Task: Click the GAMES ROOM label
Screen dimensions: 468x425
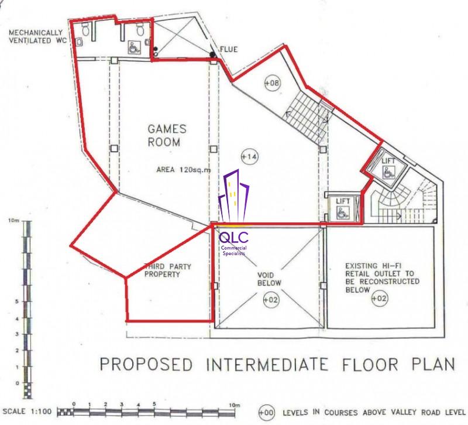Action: [x=167, y=135]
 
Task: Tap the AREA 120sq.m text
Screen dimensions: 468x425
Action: [x=184, y=170]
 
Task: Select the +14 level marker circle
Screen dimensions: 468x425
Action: [x=249, y=156]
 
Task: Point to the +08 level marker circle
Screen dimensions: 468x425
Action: [x=273, y=82]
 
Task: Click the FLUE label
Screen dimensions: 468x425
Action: [x=229, y=49]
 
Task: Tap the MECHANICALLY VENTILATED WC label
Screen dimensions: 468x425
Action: [x=36, y=36]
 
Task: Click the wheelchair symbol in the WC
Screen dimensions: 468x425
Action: [x=134, y=48]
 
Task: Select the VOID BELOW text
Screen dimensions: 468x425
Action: [x=269, y=279]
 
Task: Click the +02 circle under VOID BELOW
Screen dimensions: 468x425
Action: [x=271, y=299]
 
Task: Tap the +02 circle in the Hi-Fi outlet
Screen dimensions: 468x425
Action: [x=379, y=298]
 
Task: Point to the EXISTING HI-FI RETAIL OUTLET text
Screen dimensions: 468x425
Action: [x=383, y=277]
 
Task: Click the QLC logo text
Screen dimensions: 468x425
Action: [x=233, y=238]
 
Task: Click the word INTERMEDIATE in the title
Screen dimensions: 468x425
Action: [x=267, y=364]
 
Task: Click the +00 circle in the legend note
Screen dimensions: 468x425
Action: [x=266, y=413]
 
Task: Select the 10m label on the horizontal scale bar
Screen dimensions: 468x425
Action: [x=235, y=405]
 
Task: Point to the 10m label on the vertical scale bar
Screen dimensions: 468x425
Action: [x=13, y=221]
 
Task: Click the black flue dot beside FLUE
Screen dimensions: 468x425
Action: [x=212, y=54]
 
